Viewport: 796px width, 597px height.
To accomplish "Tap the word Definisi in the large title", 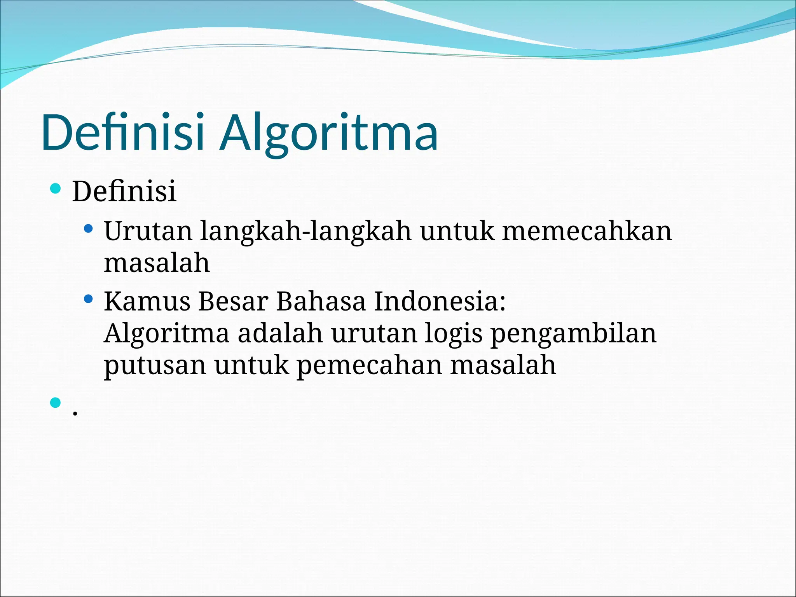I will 123,132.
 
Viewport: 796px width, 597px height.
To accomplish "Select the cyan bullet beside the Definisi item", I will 56,189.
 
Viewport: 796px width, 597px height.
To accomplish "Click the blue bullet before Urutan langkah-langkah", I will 89,228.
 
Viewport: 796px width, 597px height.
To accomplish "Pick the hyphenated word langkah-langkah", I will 305,232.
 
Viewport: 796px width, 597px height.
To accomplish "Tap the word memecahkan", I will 587,231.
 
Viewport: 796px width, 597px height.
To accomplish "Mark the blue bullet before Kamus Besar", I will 89,299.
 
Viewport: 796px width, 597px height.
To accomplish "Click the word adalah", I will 280,333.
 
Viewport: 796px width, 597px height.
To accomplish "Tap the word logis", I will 453,334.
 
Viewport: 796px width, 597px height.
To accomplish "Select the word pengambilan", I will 574,334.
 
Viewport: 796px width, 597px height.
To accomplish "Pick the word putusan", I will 155,366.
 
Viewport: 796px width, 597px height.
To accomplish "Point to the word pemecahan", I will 369,366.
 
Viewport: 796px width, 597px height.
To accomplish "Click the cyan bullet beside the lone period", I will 56,402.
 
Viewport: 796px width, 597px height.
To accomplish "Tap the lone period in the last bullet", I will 75,413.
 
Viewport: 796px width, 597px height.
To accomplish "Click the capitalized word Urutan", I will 148,231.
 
